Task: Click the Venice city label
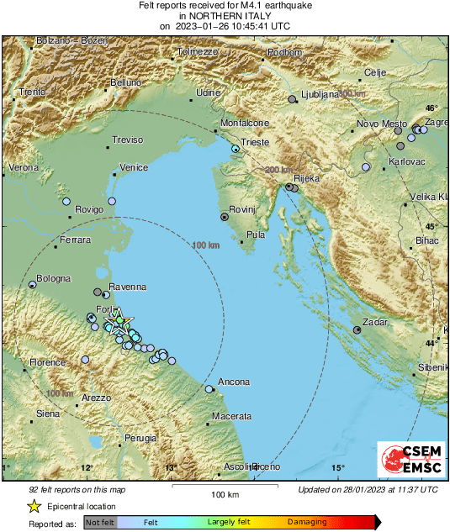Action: click(x=134, y=167)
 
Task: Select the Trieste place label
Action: click(x=255, y=143)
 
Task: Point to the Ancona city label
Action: click(x=234, y=382)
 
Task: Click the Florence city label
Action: click(x=48, y=362)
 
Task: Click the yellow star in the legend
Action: click(x=34, y=506)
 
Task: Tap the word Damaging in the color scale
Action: click(x=308, y=523)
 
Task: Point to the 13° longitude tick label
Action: click(x=171, y=468)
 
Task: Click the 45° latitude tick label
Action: click(x=432, y=227)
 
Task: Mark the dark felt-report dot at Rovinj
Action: click(x=225, y=217)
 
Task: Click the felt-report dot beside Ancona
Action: click(x=209, y=389)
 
